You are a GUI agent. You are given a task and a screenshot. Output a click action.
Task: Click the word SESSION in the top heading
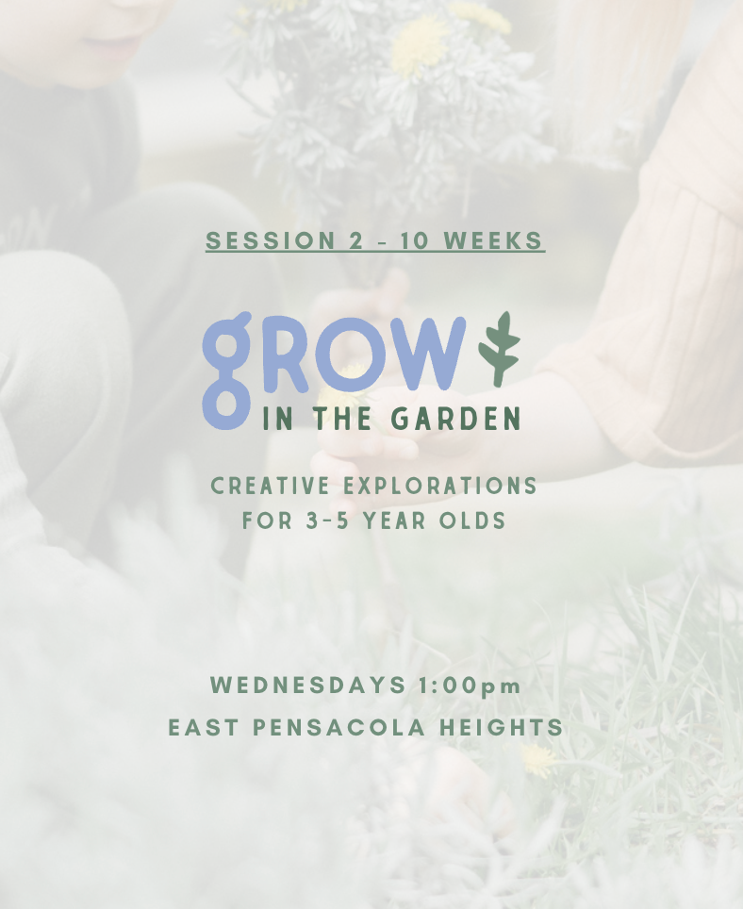coord(271,240)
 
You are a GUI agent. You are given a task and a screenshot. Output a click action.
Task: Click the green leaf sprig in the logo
coord(500,348)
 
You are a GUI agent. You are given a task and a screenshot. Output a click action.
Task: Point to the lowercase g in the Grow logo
coord(226,371)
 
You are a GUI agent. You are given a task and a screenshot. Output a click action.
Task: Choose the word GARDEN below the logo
coord(455,419)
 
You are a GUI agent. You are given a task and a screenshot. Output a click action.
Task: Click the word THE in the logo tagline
coord(342,419)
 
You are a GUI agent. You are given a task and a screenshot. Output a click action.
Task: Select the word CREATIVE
coord(270,486)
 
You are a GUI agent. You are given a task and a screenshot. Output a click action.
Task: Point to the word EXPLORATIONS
coord(440,486)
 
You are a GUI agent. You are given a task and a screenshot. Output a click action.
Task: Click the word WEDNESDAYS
coord(308,686)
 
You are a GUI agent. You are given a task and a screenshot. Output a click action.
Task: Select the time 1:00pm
coord(470,686)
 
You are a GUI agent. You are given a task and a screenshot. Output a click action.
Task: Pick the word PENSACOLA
coord(339,728)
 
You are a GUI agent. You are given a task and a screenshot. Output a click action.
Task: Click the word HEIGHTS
coord(502,728)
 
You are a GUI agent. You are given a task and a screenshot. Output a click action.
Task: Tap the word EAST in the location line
coord(204,728)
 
